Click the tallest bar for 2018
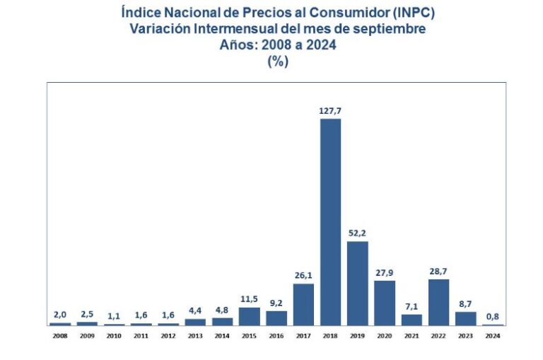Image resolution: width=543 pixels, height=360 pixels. point(330,221)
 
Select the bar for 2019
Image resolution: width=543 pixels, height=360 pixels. point(357,283)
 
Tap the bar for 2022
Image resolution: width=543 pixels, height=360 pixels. point(438,302)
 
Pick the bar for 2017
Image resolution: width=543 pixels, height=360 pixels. point(303,304)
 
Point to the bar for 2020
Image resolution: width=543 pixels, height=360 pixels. point(384,303)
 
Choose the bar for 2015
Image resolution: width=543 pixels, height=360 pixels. point(249,316)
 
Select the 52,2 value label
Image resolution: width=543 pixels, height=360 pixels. point(357,233)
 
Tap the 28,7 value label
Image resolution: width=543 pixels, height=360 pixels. point(438,271)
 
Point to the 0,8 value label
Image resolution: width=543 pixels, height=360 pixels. point(493,316)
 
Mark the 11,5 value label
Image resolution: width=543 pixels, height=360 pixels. point(249,299)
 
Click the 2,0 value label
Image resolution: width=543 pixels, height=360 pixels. point(60,315)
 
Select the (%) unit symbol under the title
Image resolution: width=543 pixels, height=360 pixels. point(277,61)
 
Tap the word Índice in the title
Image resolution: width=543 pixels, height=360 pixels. point(142,13)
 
